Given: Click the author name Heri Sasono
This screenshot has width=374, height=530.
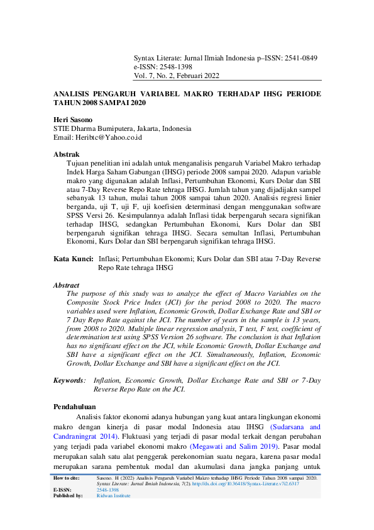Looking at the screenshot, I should tap(73, 119).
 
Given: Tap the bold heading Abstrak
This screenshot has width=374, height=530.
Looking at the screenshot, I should tap(66, 154).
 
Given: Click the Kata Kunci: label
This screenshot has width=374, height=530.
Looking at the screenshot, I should tap(73, 259).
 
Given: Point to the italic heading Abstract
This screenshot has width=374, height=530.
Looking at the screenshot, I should tap(67, 285).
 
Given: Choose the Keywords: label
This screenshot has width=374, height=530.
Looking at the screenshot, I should tap(69, 381).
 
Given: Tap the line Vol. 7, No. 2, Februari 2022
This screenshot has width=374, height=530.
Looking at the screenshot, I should tap(176, 76).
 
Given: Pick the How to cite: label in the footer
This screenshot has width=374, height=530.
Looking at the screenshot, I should tap(69, 478).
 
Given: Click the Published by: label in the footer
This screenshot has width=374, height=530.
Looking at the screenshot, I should tap(68, 495).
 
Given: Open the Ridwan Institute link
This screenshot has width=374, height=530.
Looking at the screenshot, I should tap(113, 495).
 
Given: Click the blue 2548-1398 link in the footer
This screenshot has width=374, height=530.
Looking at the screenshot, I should tap(107, 490).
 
